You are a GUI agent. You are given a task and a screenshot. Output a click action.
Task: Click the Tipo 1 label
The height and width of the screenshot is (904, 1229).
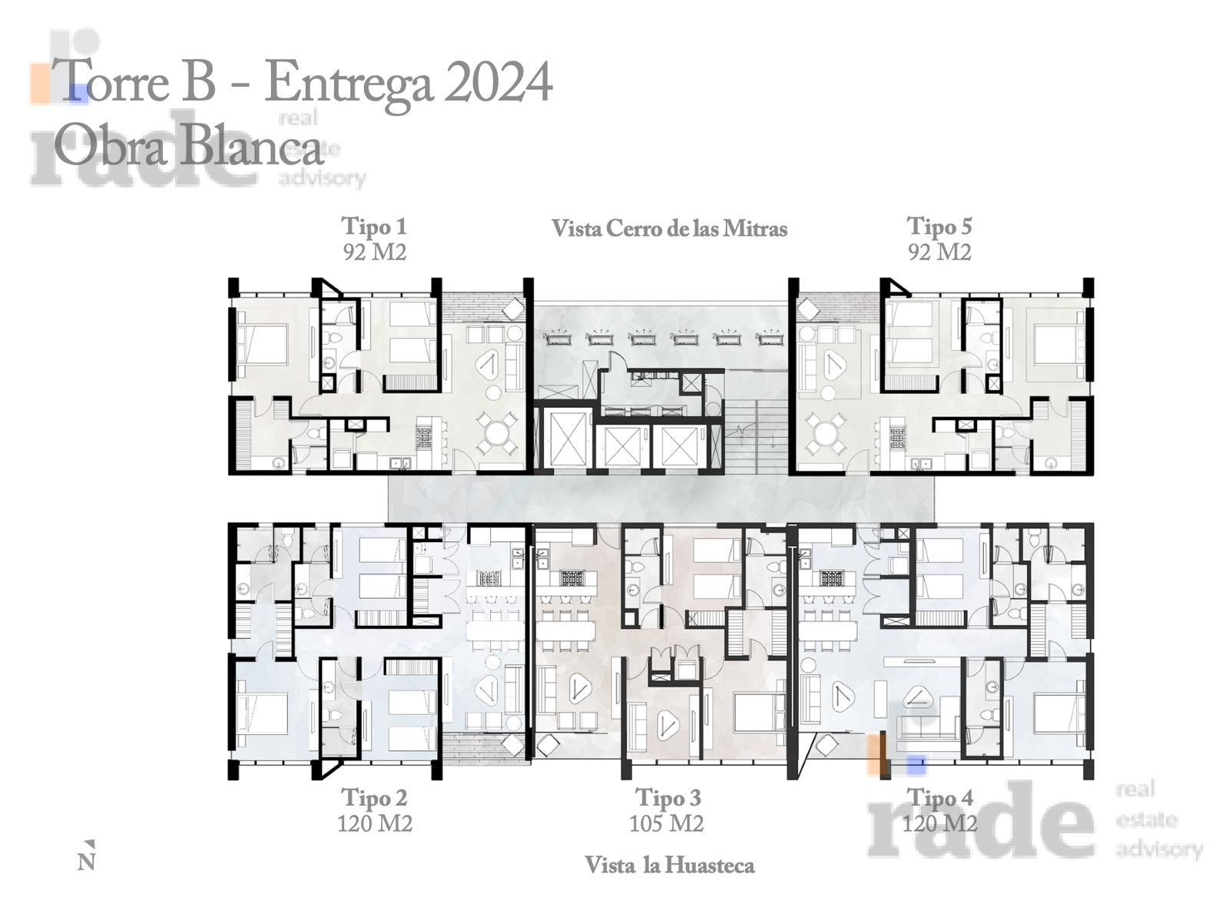pyautogui.click(x=373, y=227)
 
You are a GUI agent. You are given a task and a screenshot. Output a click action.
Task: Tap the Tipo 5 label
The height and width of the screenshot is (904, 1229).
pyautogui.click(x=939, y=227)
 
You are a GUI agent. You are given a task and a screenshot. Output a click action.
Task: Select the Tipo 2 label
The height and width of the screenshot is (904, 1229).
pyautogui.click(x=374, y=798)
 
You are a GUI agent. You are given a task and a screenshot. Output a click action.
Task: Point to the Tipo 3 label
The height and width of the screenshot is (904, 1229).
pyautogui.click(x=668, y=798)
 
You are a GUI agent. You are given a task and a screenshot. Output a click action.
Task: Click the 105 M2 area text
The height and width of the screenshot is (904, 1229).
pyautogui.click(x=666, y=823)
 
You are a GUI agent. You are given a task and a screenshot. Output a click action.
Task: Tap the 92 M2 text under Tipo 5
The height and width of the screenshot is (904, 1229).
pyautogui.click(x=939, y=253)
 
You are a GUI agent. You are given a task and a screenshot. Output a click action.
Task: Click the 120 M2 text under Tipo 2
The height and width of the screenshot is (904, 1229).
pyautogui.click(x=374, y=823)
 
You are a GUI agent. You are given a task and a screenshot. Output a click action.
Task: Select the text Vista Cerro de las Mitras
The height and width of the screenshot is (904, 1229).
pyautogui.click(x=669, y=229)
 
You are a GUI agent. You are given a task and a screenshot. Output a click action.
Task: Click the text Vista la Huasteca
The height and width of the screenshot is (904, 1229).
pyautogui.click(x=669, y=866)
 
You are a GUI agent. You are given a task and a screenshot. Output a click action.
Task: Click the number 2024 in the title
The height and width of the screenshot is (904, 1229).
pyautogui.click(x=497, y=82)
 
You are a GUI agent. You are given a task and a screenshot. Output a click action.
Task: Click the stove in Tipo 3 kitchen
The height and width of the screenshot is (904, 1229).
pyautogui.click(x=571, y=578)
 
